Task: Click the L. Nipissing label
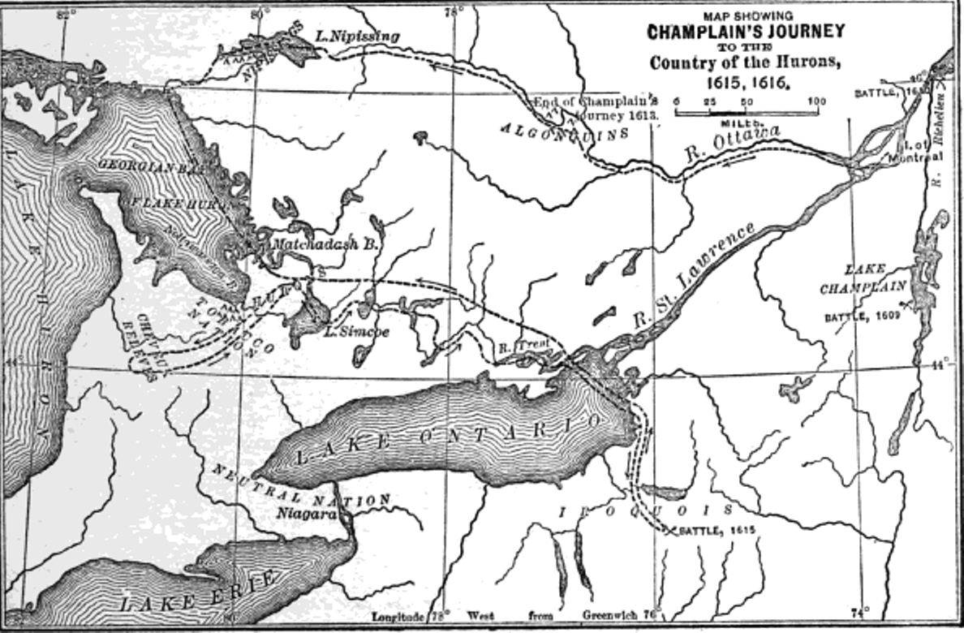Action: tap(358, 37)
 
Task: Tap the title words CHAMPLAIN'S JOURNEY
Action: tap(745, 32)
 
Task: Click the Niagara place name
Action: tap(305, 513)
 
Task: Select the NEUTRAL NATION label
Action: tap(300, 486)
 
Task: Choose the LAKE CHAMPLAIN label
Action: tap(863, 278)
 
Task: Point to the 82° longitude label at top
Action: tap(66, 13)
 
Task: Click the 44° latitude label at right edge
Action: tap(941, 364)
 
